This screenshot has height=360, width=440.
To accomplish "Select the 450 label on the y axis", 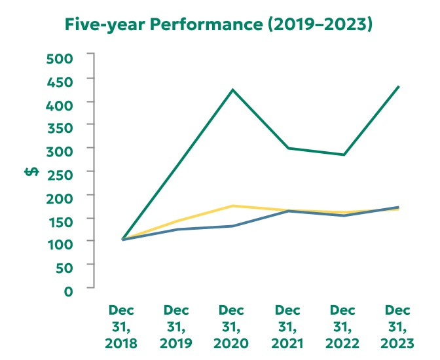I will (x=60, y=81).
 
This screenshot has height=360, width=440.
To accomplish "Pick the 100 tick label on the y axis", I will (x=60, y=242).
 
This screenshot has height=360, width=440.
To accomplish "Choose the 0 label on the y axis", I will (x=69, y=289).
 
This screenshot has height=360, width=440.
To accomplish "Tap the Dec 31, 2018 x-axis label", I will (x=122, y=326).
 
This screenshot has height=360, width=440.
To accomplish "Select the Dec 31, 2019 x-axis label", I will (x=177, y=326).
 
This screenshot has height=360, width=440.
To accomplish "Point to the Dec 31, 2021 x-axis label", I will (x=287, y=326).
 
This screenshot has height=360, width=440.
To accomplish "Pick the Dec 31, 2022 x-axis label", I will (x=343, y=326).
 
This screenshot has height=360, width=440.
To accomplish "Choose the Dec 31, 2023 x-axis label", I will (x=398, y=326).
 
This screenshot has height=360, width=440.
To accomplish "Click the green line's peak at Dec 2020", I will (x=232, y=90).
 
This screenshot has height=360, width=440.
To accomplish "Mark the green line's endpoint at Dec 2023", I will (x=399, y=86).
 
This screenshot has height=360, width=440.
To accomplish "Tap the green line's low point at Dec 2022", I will (x=344, y=154).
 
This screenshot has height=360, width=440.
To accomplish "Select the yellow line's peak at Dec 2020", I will (x=232, y=206).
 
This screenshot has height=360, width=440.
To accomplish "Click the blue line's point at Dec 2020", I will (x=232, y=226).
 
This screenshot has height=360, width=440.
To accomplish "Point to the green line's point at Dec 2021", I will (x=288, y=148).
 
